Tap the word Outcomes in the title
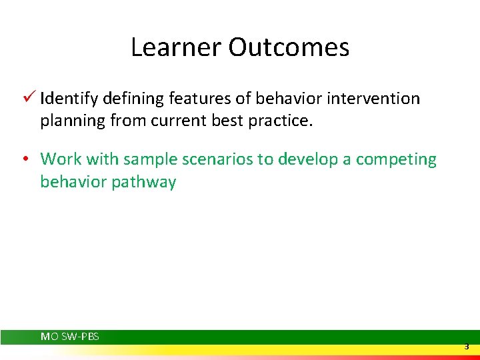point(289,47)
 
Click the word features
point(195,99)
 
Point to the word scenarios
point(210,159)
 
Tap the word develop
point(307,159)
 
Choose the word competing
point(396,159)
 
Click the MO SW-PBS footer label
point(69,337)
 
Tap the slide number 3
point(467,347)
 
